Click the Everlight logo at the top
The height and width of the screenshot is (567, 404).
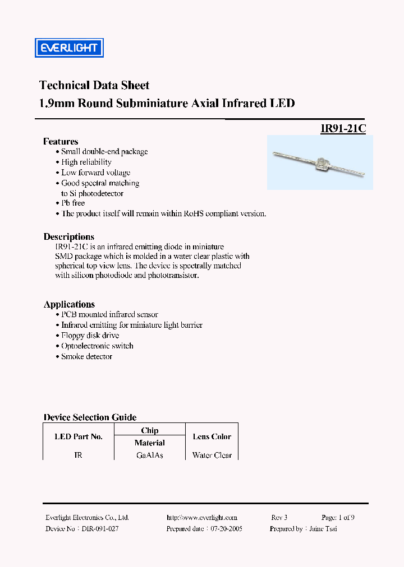click(x=69, y=48)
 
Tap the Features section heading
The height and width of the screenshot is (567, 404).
click(x=61, y=141)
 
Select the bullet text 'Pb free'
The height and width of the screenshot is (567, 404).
click(x=73, y=203)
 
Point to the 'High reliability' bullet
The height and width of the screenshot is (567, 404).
click(x=86, y=162)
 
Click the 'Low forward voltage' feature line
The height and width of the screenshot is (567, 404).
click(x=95, y=173)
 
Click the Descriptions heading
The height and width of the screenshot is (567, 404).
click(x=68, y=236)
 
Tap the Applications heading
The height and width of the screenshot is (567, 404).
click(x=69, y=304)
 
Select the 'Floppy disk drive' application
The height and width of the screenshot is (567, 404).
click(x=90, y=335)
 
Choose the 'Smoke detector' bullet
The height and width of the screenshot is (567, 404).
click(x=86, y=356)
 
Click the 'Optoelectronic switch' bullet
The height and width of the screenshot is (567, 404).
click(x=97, y=346)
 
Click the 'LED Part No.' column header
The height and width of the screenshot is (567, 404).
click(x=79, y=436)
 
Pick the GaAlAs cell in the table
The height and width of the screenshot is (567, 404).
click(x=150, y=456)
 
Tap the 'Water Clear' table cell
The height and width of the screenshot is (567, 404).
click(x=212, y=456)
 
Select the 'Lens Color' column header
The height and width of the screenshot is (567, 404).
click(x=212, y=436)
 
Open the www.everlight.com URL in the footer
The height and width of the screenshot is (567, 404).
click(x=202, y=518)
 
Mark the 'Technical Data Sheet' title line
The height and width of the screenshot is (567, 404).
click(x=94, y=85)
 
